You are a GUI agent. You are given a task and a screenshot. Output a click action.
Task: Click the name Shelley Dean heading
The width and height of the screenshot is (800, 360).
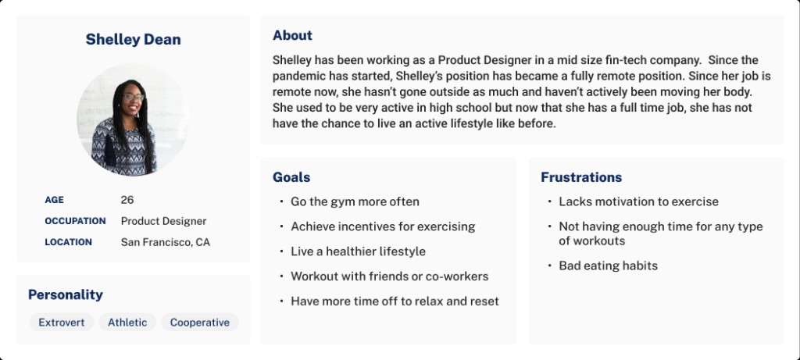(133, 39)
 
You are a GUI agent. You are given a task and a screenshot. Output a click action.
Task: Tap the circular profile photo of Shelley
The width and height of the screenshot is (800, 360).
(133, 119)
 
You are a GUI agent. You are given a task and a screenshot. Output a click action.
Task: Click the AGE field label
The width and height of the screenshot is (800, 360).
(55, 200)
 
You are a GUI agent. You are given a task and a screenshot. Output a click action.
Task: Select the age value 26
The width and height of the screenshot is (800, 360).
(127, 200)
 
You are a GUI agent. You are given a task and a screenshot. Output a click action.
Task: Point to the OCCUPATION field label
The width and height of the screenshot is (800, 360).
(75, 221)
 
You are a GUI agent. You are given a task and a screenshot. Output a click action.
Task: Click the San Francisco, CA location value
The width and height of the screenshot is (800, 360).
(165, 242)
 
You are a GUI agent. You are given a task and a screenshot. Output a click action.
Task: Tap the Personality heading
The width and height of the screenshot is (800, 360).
(66, 294)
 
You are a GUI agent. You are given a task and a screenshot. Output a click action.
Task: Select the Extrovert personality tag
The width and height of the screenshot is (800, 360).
(62, 323)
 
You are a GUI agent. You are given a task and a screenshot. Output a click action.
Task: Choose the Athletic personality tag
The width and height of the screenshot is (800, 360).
(127, 323)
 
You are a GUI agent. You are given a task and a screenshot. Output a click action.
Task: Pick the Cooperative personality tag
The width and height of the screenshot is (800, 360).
(200, 323)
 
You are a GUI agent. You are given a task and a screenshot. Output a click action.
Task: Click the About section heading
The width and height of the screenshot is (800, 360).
(292, 35)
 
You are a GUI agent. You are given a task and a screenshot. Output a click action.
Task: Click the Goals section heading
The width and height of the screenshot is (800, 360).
(291, 177)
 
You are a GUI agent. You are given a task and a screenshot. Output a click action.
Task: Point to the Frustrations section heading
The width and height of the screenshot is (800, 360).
(581, 177)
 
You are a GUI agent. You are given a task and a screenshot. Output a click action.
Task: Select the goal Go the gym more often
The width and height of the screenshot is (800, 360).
(355, 201)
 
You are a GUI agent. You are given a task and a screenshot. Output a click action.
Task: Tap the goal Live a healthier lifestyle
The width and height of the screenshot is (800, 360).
(358, 251)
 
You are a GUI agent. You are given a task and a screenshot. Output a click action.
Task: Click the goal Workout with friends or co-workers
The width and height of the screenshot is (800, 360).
(389, 276)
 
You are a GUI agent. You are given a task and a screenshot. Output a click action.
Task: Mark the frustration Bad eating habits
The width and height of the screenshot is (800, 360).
(608, 266)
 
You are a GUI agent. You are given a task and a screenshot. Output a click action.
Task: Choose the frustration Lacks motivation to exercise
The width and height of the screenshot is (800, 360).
(638, 201)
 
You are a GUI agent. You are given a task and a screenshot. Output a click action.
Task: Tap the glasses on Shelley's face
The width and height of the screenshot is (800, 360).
(133, 97)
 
